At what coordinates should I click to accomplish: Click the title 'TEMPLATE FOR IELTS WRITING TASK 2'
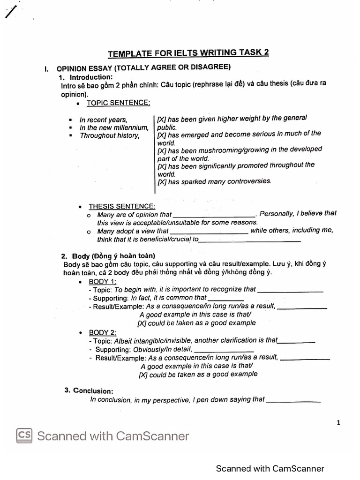click(188, 53)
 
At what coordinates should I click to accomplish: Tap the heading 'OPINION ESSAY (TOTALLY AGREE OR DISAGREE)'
click(143, 68)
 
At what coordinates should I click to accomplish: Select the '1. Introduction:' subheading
click(86, 77)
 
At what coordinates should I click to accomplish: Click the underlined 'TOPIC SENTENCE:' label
click(118, 103)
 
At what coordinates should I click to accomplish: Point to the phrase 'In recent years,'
click(103, 120)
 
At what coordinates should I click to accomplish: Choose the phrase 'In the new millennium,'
click(114, 127)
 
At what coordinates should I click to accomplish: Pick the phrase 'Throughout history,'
click(109, 135)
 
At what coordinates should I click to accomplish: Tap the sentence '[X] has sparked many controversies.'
click(214, 181)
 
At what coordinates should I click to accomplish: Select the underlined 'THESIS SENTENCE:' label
click(122, 206)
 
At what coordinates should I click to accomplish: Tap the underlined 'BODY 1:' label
click(102, 281)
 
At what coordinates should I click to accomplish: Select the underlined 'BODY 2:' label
click(102, 332)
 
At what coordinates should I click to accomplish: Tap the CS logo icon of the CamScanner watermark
click(25, 435)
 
